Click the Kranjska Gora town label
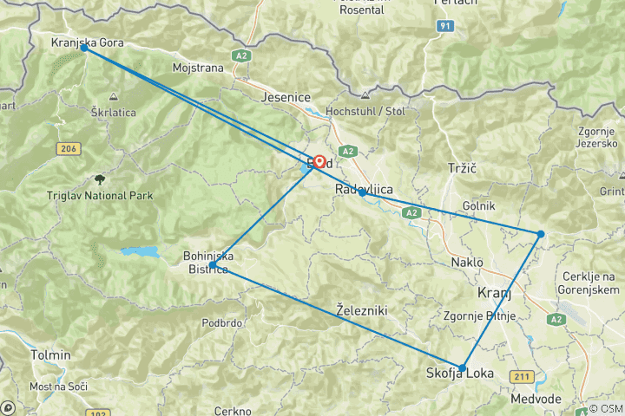tap(88, 42)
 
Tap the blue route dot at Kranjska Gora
tap(83, 48)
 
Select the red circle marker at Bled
tap(319, 161)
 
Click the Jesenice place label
tap(286, 97)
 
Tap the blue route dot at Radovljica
tap(362, 192)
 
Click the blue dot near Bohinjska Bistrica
tap(213, 265)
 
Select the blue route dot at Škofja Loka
tap(462, 368)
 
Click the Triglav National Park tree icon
tap(100, 180)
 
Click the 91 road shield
tap(445, 27)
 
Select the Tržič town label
tap(463, 166)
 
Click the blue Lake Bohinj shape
tap(140, 252)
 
